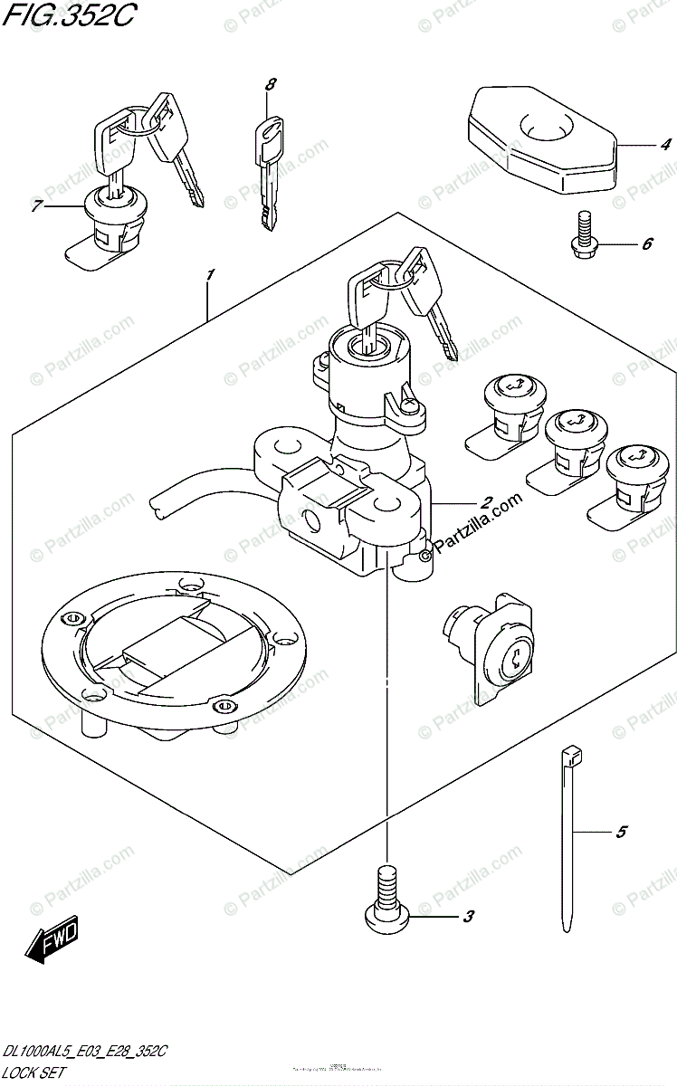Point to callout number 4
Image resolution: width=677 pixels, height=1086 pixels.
[664, 144]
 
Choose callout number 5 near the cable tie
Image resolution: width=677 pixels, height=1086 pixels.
[620, 832]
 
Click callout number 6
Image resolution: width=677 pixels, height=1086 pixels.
[646, 244]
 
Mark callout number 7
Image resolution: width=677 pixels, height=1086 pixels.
[37, 207]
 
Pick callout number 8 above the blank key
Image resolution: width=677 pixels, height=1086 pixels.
[269, 85]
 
